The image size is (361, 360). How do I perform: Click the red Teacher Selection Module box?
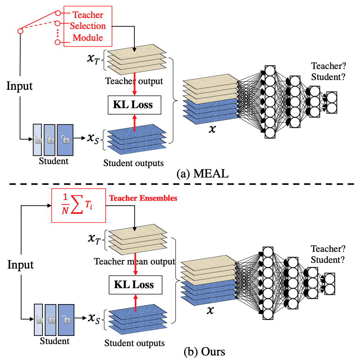[89, 26]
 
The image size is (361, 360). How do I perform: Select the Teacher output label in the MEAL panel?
[134, 81]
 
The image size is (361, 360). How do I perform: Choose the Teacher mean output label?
[134, 261]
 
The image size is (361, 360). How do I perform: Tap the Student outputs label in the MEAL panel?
[134, 163]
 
